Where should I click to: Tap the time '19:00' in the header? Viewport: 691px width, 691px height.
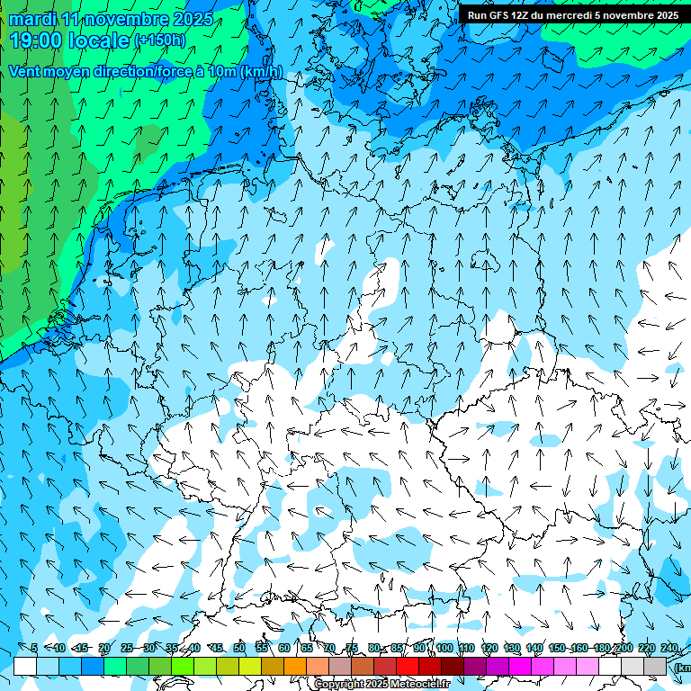point(37,40)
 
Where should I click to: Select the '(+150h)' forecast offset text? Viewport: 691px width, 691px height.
point(160,40)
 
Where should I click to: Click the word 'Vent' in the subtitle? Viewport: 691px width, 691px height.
point(25,72)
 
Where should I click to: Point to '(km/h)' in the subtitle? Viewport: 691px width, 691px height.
point(261,72)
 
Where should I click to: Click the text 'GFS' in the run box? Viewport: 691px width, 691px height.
point(498,15)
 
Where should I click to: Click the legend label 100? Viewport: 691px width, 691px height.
point(444,649)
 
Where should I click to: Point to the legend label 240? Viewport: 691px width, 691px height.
point(669,649)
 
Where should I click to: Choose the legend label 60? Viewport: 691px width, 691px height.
point(284,649)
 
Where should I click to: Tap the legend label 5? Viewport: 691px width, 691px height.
point(34,649)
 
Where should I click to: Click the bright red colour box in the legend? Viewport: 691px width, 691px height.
point(408,666)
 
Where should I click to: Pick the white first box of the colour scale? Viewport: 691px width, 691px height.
point(25,666)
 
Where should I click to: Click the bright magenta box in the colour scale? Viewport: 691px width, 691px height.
point(520,666)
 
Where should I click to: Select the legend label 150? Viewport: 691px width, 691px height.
point(557,649)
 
